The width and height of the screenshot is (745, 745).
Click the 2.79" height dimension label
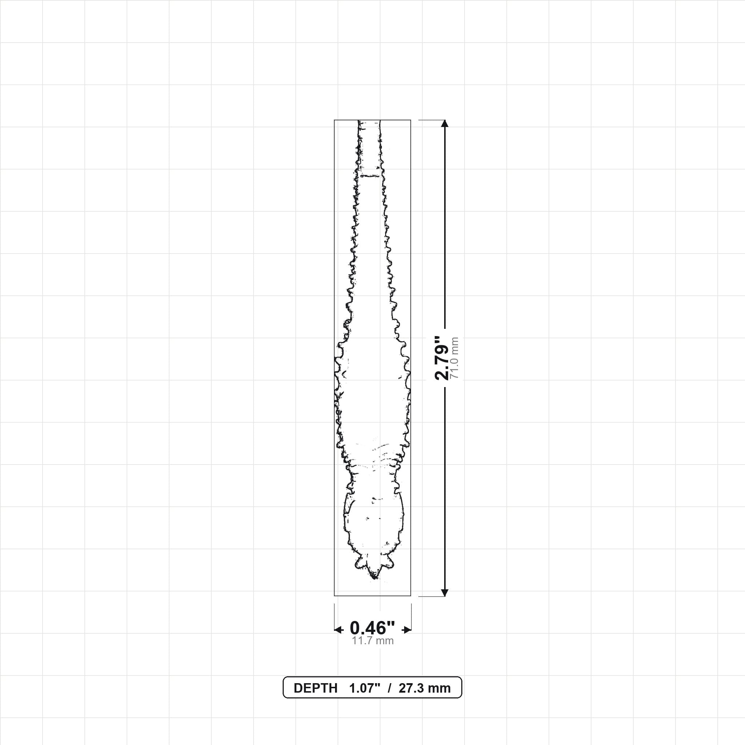442,358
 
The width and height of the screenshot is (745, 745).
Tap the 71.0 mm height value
454,358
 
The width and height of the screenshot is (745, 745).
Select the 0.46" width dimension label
372,628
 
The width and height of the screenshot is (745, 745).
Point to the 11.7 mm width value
372,641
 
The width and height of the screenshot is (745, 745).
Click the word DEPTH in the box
315,688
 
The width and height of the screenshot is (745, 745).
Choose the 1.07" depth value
365,688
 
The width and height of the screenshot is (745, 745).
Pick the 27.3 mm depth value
425,688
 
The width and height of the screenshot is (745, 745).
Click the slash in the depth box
390,688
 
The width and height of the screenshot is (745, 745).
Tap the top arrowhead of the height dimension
445,123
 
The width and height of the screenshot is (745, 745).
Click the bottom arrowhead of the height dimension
445,592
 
